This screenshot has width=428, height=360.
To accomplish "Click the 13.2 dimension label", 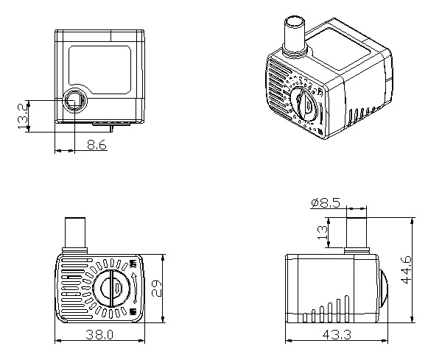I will coord(22,115).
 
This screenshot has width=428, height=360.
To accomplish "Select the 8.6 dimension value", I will coord(97,147).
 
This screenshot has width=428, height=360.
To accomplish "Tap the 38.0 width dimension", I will coord(100,335).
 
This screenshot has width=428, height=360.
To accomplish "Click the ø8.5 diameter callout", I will coord(325,203).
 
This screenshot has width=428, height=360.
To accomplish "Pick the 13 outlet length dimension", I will coord(321,232).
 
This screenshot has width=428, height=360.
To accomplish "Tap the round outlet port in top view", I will coord(74,100).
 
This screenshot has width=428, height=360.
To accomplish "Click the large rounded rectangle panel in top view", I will coord(100,66).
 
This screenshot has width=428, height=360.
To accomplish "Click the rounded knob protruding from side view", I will coord(385,289).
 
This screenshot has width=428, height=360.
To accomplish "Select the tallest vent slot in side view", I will coord(348,308).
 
